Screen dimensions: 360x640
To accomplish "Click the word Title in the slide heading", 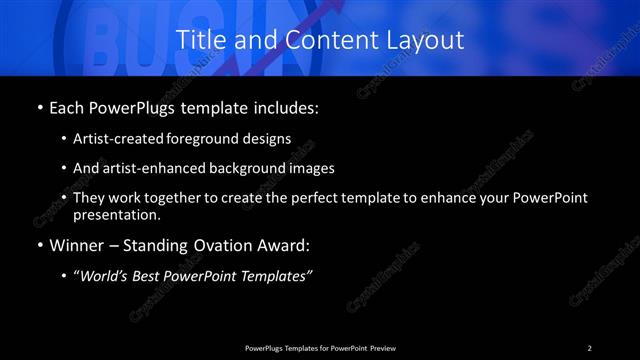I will coord(198,41).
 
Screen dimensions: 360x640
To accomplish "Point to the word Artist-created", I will coord(113,139).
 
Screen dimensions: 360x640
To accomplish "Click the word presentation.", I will coord(116,214).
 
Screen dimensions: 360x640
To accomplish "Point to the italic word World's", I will coord(108,277).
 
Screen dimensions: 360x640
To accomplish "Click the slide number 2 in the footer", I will coord(589,347).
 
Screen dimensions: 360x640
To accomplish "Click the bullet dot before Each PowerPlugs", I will coord(39,107).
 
